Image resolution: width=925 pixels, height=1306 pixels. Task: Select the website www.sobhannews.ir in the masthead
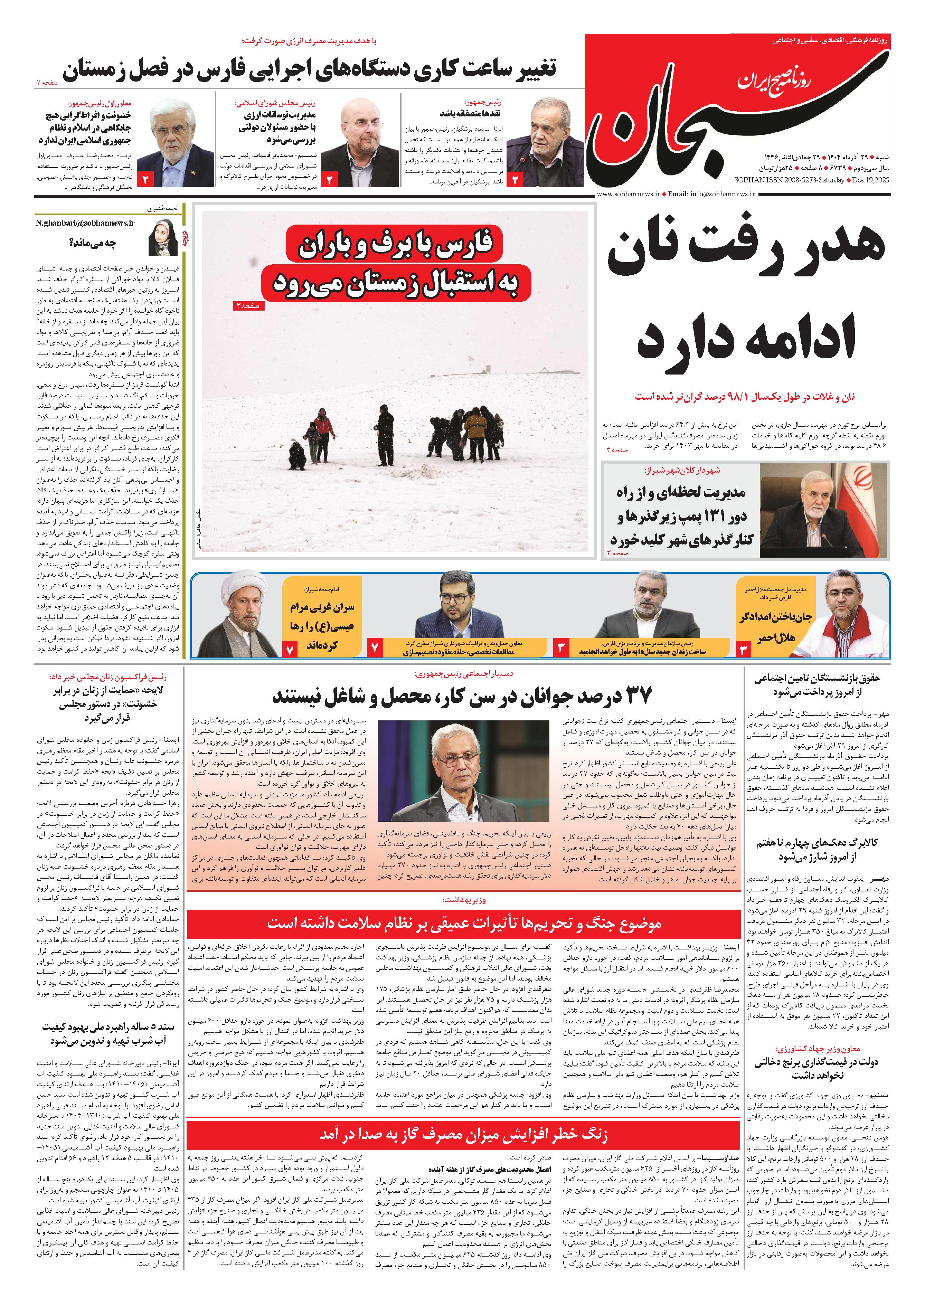pyautogui.click(x=629, y=193)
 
